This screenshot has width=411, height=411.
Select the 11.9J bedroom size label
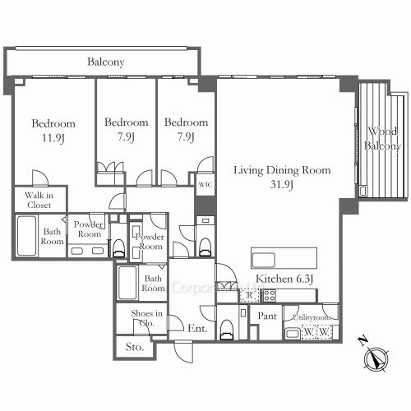pyautogui.click(x=47, y=138)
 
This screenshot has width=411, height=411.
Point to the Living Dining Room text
pyautogui.click(x=281, y=171)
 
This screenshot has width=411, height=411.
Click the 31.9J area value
pyautogui.click(x=281, y=185)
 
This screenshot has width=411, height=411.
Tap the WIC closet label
pyautogui.click(x=204, y=186)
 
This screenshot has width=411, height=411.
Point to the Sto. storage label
pyautogui.click(x=135, y=348)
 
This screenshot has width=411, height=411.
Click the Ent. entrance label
pyautogui.click(x=197, y=329)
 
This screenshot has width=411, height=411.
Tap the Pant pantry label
pyautogui.click(x=267, y=316)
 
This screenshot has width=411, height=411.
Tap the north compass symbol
pyautogui.click(x=377, y=358)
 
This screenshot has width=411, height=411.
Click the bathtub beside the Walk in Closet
pyautogui.click(x=26, y=237)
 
